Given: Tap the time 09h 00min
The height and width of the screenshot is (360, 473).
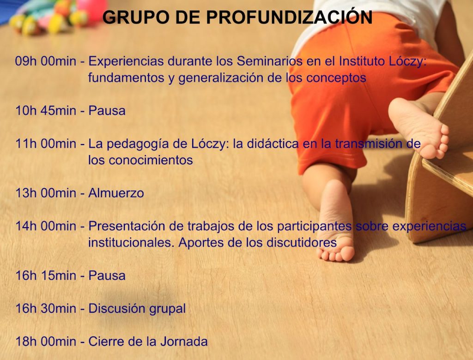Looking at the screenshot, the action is click(x=46, y=61).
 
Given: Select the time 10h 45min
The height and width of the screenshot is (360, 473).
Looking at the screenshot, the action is click(x=46, y=111).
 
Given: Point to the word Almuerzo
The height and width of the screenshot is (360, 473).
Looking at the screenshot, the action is click(x=116, y=193).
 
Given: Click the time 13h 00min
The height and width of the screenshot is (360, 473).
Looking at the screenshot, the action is click(x=46, y=193).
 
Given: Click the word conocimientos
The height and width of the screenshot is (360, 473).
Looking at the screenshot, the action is click(x=151, y=160).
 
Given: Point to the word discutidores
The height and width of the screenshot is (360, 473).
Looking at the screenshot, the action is click(x=297, y=242).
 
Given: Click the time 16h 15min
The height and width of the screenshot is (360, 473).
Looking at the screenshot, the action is click(x=46, y=276).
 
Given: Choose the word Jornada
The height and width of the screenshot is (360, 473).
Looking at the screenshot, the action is click(x=184, y=342).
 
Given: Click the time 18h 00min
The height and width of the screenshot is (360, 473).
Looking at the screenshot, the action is click(x=46, y=342).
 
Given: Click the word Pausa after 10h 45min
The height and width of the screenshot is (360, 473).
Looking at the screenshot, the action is click(x=107, y=111).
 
